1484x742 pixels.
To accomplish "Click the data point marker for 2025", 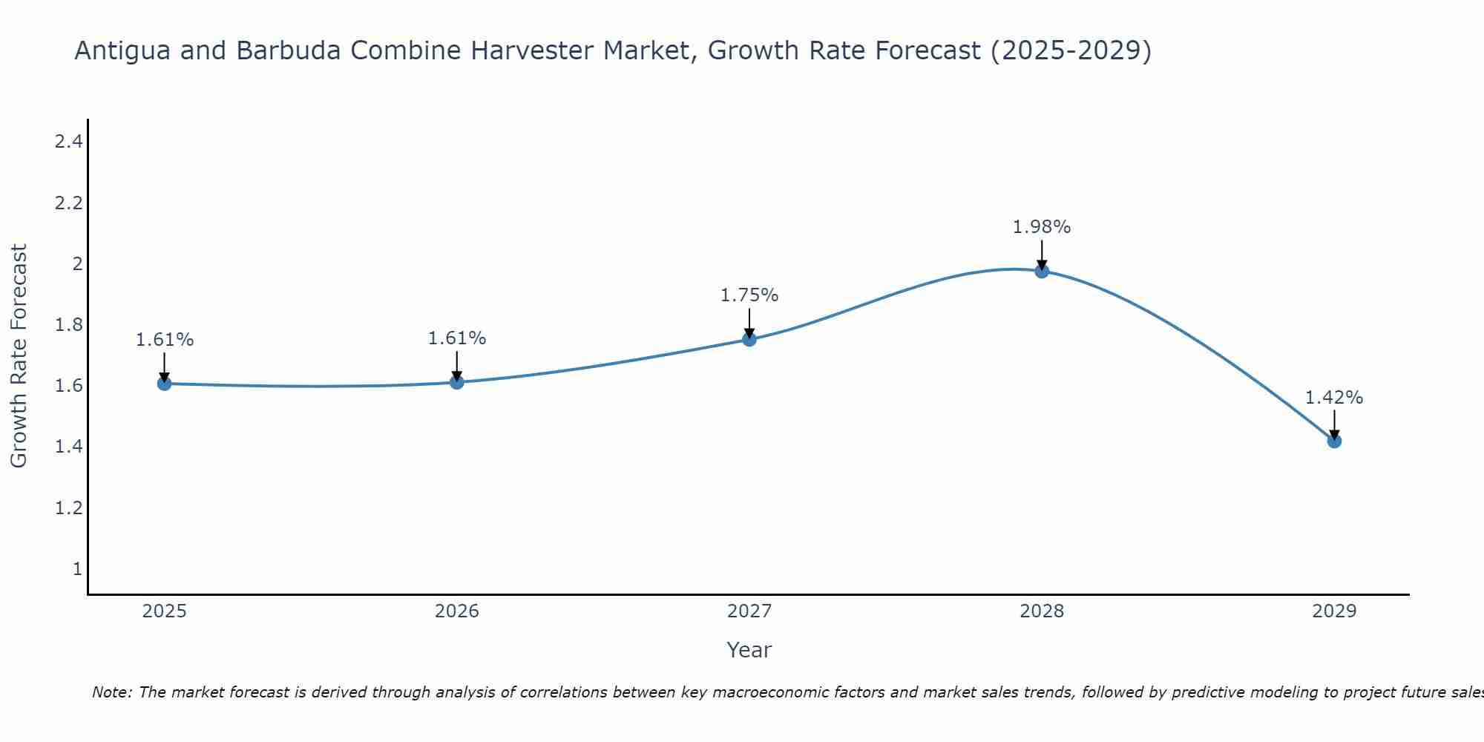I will [x=164, y=384].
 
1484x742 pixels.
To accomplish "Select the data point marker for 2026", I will [x=456, y=382].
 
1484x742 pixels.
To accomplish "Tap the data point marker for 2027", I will [x=749, y=339].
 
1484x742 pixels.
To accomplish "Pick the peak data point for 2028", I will [x=1042, y=271].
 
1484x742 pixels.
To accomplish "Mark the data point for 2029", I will [x=1334, y=441].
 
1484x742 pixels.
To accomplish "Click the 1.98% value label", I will [x=1042, y=227].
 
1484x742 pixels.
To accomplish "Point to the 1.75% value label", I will [x=749, y=295].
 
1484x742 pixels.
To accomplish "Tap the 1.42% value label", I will [x=1334, y=398].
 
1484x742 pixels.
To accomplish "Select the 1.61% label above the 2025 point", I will [x=165, y=340].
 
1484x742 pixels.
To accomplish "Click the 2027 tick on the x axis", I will [x=749, y=611].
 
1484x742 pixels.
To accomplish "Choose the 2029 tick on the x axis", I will [x=1334, y=611].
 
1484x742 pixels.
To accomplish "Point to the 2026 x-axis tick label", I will [x=456, y=611].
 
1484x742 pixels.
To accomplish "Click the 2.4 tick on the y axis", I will [x=68, y=141].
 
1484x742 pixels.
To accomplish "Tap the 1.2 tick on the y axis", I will [x=68, y=508].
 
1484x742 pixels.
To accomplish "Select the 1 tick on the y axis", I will [x=77, y=569].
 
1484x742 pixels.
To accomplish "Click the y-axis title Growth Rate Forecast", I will [x=19, y=355].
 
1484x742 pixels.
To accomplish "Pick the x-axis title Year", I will [x=749, y=650].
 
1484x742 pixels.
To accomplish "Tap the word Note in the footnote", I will [x=111, y=692].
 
